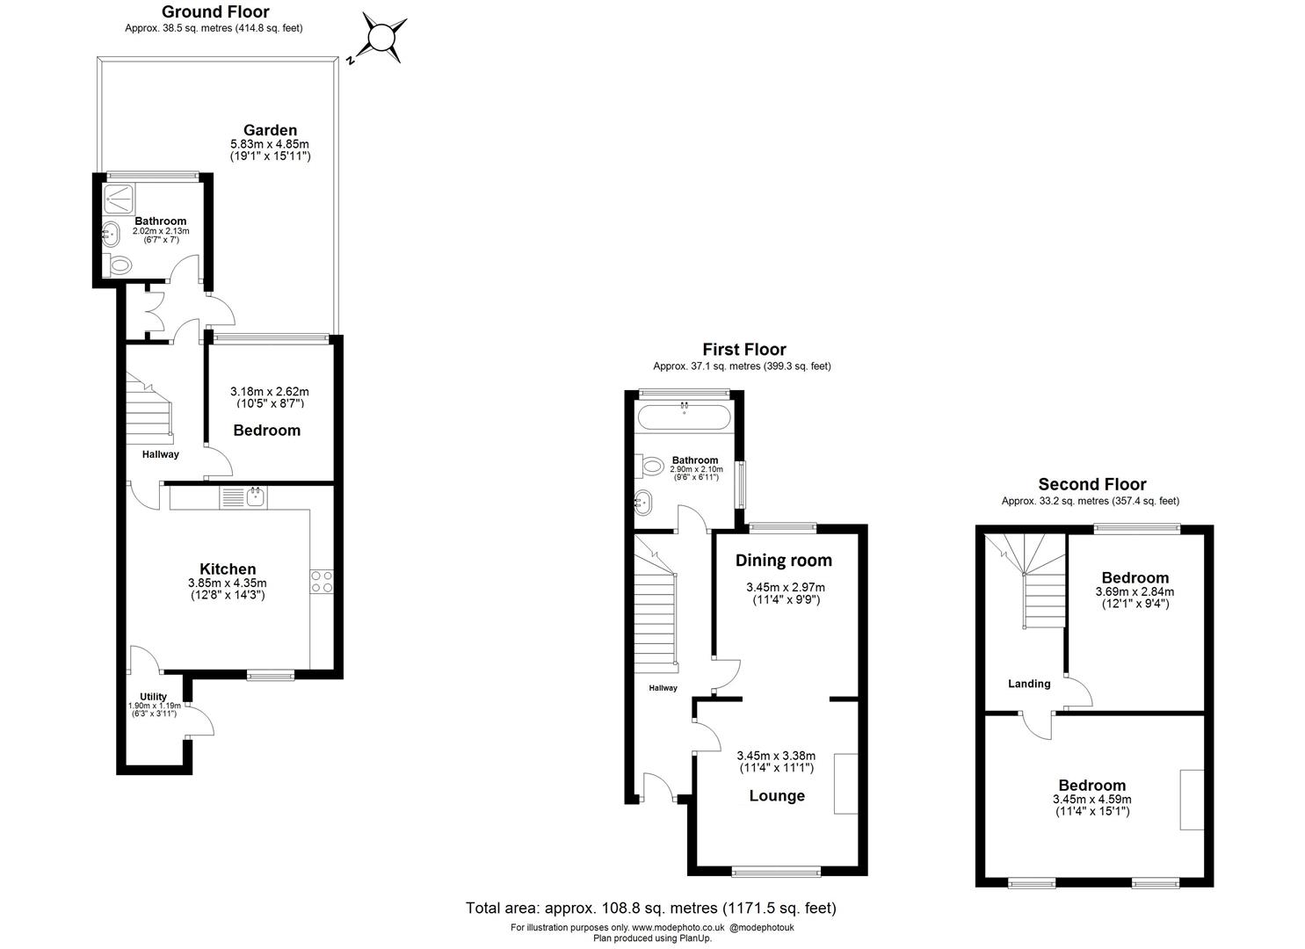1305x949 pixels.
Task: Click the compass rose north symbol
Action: click(382, 39)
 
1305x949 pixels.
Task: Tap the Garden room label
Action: click(270, 130)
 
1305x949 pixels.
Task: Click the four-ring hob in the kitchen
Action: click(321, 582)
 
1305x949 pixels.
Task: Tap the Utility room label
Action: click(154, 697)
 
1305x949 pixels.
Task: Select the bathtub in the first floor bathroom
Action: click(684, 418)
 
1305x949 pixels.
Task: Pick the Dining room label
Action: click(783, 561)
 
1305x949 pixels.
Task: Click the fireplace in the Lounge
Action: click(845, 783)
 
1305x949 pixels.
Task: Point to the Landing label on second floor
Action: click(1028, 684)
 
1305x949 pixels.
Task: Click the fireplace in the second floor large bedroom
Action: click(1192, 799)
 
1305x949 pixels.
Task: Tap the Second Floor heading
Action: click(1091, 484)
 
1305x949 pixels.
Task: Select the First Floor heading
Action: click(743, 350)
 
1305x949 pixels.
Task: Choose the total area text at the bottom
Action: click(650, 908)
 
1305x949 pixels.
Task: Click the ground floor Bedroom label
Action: click(266, 430)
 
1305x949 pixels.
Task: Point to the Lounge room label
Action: click(777, 796)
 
